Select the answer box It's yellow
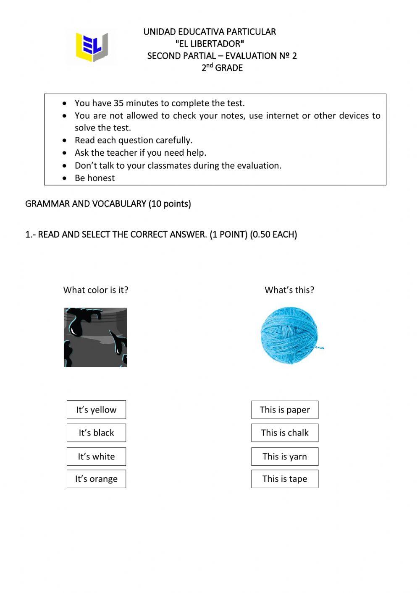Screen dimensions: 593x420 (x=96, y=410)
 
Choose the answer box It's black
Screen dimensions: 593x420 (x=96, y=433)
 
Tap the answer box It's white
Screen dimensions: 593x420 (x=96, y=457)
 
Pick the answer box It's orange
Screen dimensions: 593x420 (x=96, y=479)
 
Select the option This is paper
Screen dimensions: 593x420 (x=285, y=410)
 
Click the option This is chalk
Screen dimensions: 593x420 (x=285, y=433)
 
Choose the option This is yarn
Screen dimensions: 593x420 (x=285, y=457)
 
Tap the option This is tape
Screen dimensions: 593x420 (x=285, y=479)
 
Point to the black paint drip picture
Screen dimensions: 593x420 (x=95, y=337)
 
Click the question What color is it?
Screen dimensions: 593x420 (x=96, y=290)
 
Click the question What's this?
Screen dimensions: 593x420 (x=289, y=290)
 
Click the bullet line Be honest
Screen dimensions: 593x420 (x=94, y=178)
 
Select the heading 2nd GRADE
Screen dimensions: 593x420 (x=222, y=68)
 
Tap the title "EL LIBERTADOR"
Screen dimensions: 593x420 (x=210, y=44)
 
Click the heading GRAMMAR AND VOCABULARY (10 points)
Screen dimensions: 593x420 (x=108, y=204)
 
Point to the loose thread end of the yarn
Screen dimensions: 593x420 (x=321, y=347)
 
